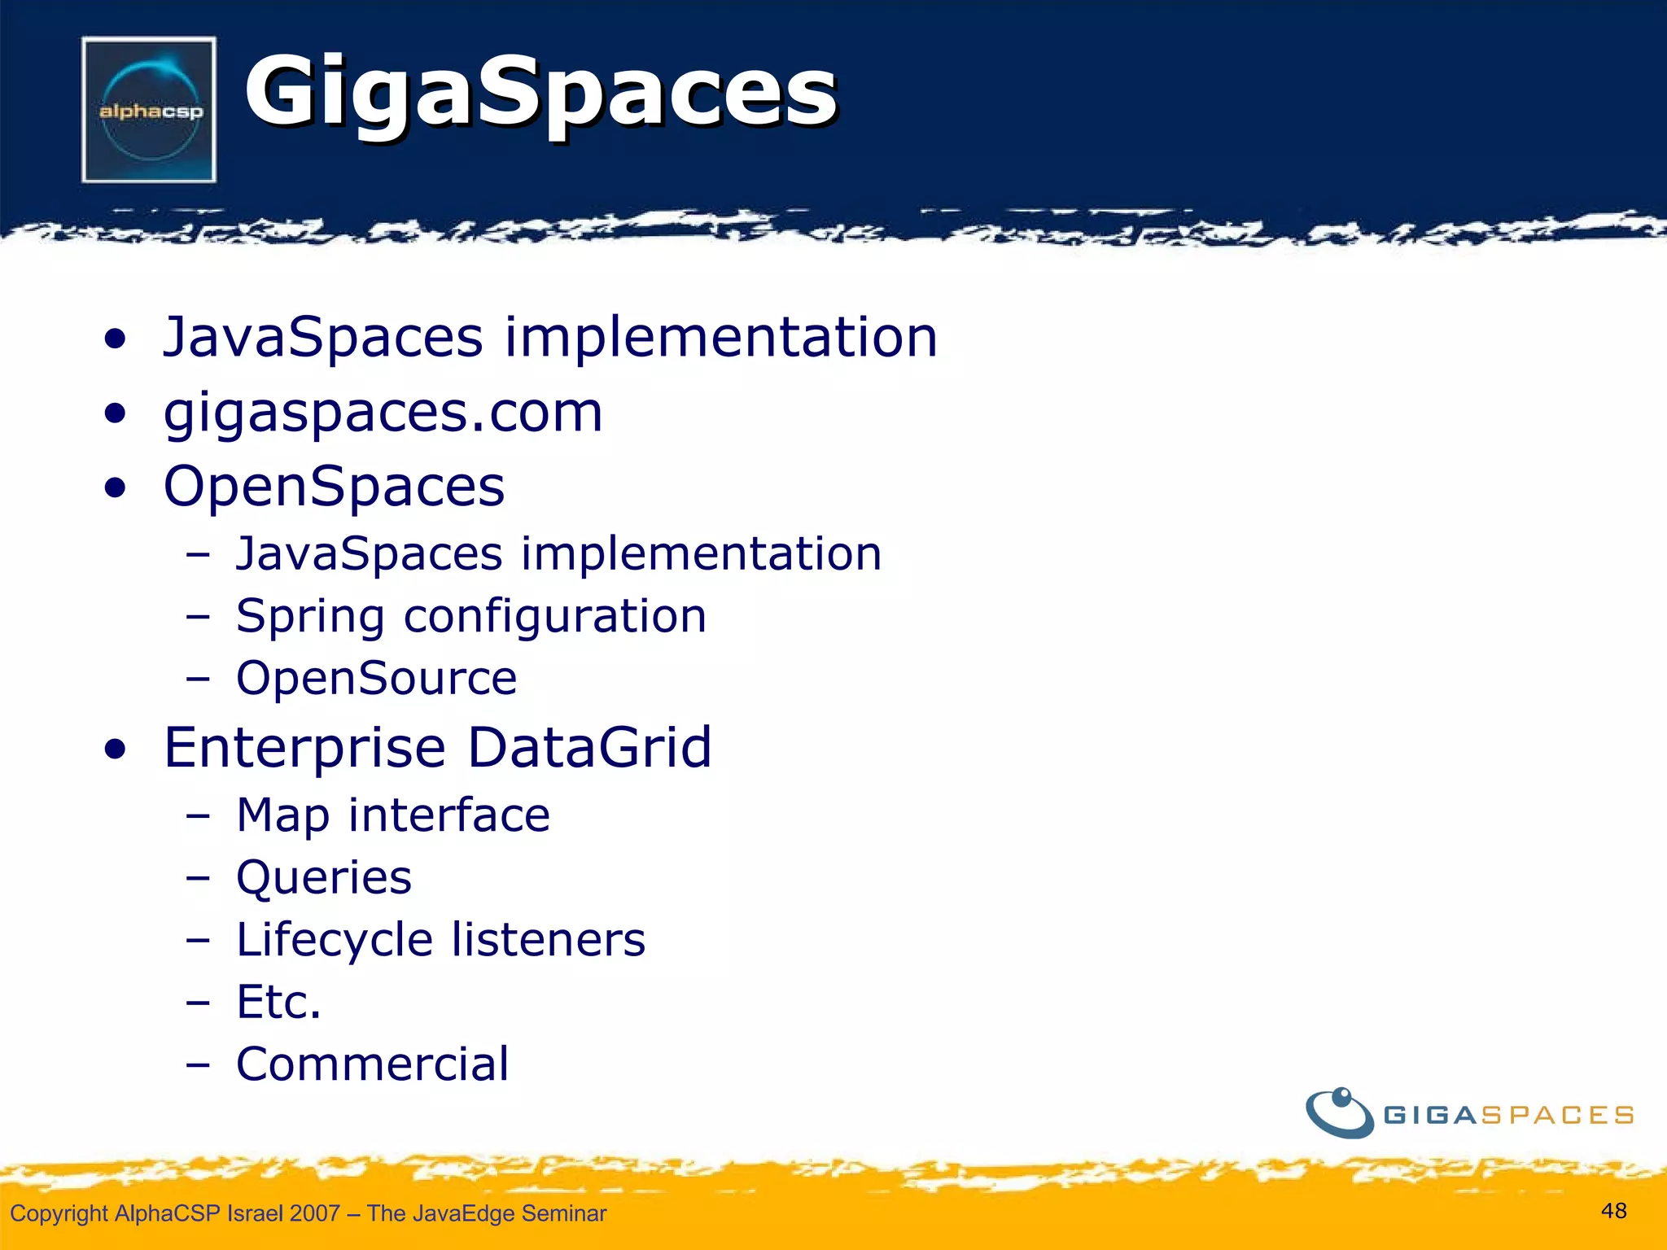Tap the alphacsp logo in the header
click(150, 110)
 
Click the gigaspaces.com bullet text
click(383, 413)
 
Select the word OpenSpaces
click(334, 487)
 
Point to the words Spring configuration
click(470, 616)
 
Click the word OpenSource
click(376, 678)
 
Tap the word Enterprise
click(304, 748)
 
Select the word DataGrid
click(589, 748)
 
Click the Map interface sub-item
click(392, 815)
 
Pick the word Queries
click(324, 877)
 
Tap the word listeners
click(548, 940)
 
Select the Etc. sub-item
click(278, 1002)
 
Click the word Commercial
click(372, 1064)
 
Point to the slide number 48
click(1613, 1211)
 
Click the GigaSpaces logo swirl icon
click(1340, 1112)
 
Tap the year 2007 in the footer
click(314, 1213)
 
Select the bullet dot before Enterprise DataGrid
click(116, 750)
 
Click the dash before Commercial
click(197, 1064)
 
